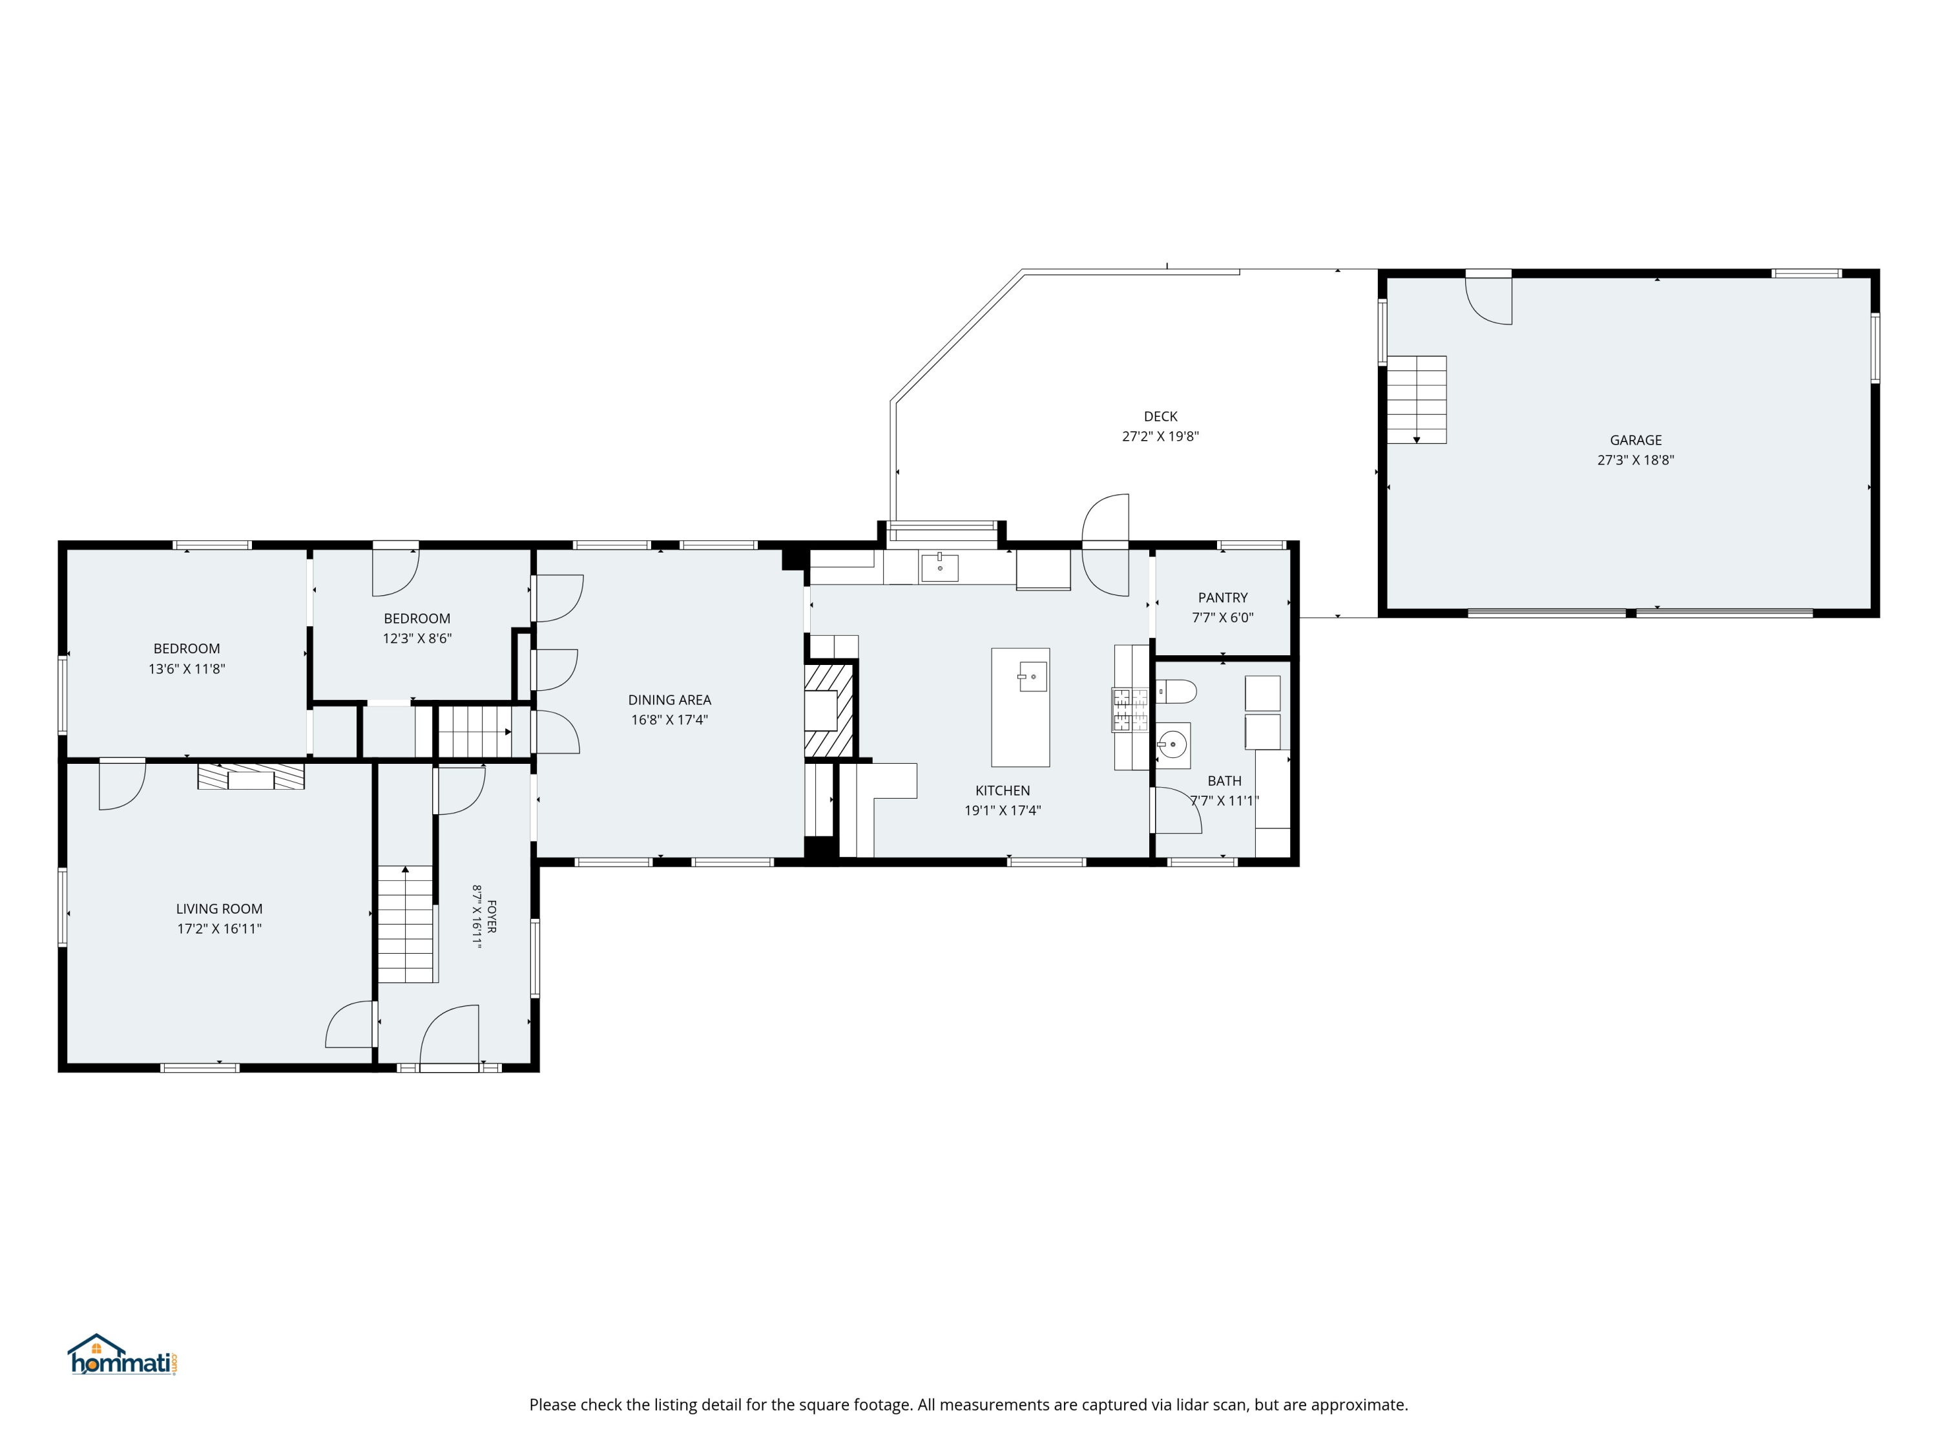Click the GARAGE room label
coord(1635,440)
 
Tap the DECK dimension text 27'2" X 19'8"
coord(1160,436)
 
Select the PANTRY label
coord(1222,598)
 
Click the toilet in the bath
coord(1176,692)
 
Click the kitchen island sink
coord(1032,677)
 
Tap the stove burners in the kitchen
coord(1130,710)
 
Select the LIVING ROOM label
coord(219,909)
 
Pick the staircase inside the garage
coord(1417,399)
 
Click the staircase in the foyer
coord(406,923)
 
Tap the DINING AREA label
coord(669,699)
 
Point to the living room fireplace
coord(251,777)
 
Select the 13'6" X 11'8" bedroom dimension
coord(187,669)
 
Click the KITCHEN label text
coord(1003,790)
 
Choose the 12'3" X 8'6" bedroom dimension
coord(417,638)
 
